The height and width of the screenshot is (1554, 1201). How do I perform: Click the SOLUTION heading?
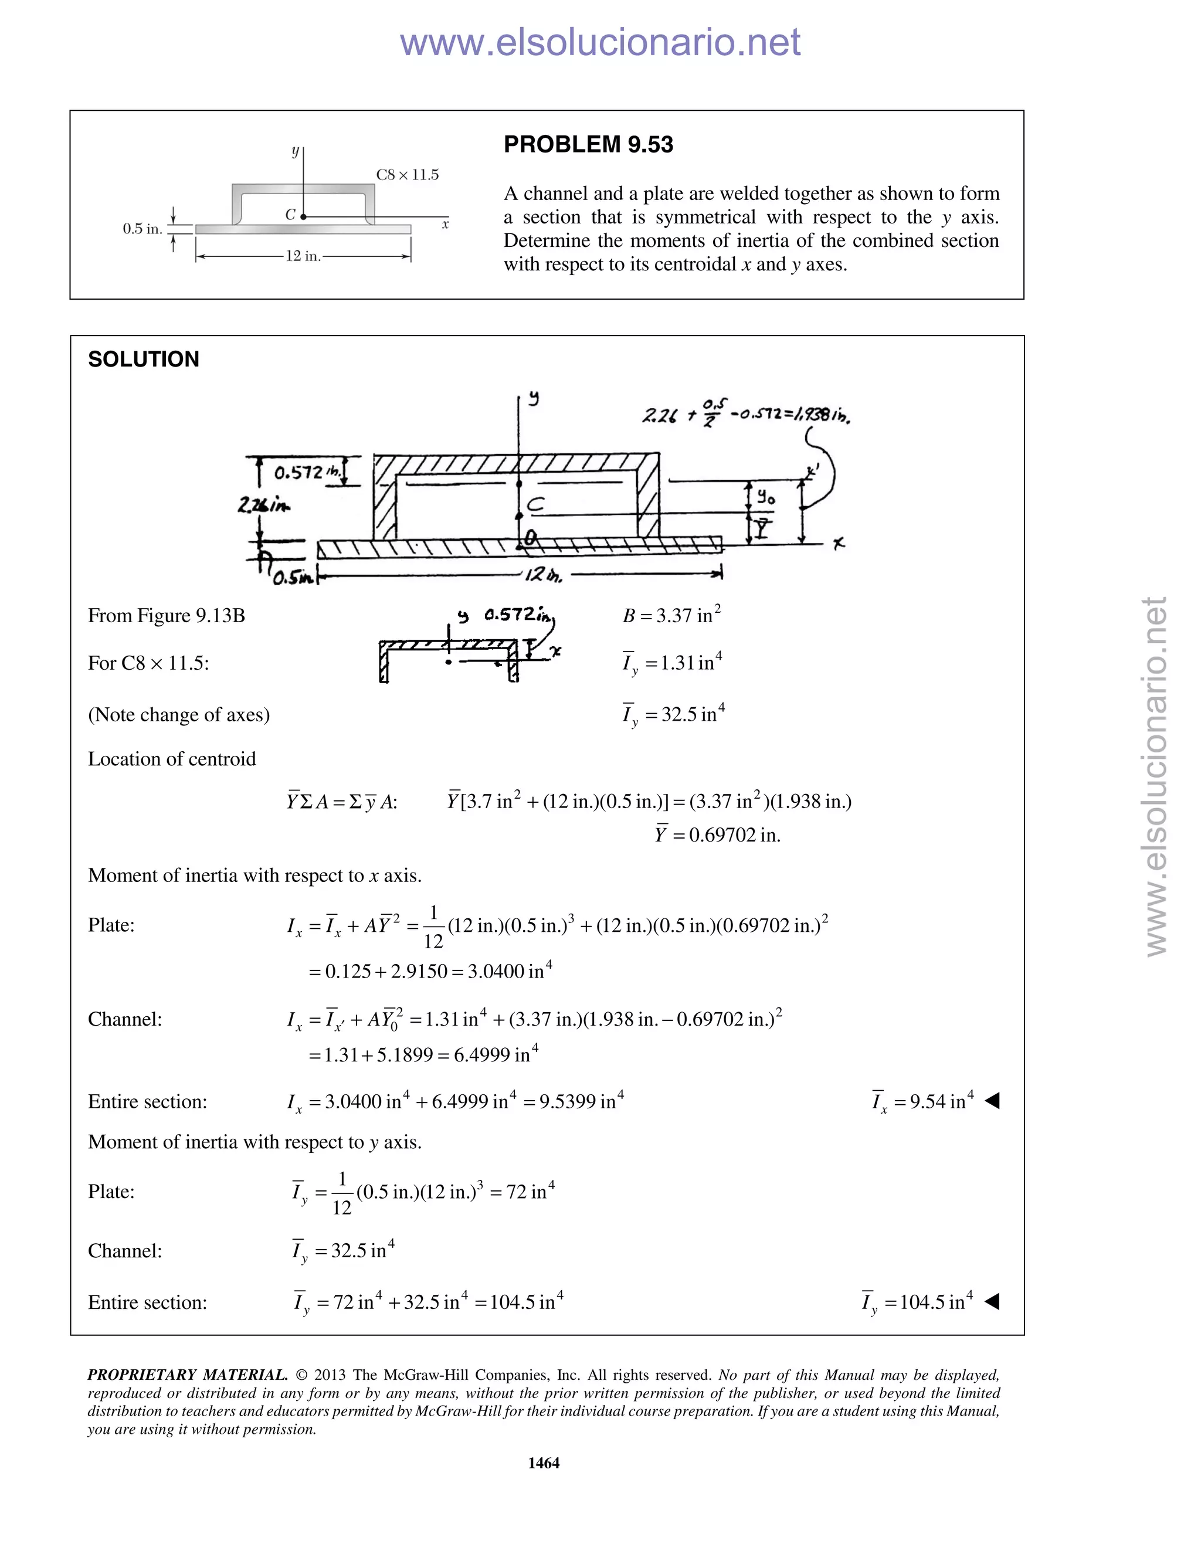tap(143, 359)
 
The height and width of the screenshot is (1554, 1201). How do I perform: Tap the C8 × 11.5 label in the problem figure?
tap(407, 175)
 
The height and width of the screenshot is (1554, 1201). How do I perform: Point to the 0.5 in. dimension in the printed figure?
tap(143, 229)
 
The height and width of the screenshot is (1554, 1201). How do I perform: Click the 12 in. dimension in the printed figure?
tap(303, 256)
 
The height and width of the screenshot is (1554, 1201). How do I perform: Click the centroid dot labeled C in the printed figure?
tap(304, 216)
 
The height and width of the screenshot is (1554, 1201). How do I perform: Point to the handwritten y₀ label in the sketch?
tap(765, 497)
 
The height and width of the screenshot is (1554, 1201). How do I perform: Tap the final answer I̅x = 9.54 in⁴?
tap(922, 1101)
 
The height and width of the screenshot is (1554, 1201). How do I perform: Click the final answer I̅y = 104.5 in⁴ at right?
tap(917, 1302)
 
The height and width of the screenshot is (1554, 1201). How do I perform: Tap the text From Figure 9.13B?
tap(166, 616)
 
